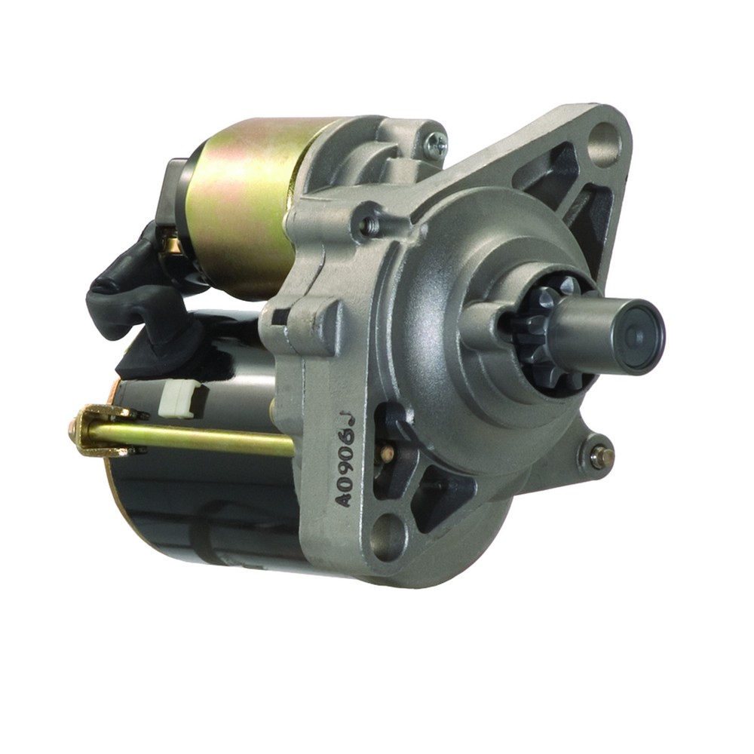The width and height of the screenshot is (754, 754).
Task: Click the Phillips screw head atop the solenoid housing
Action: pyautogui.click(x=435, y=143)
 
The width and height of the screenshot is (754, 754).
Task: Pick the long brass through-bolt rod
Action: pyautogui.click(x=204, y=440)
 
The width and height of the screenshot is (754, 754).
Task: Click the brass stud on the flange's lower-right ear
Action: pyautogui.click(x=597, y=455)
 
